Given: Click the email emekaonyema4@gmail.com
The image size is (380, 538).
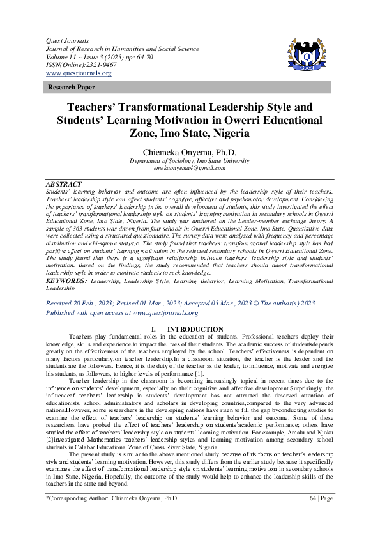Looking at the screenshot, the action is coord(190,169).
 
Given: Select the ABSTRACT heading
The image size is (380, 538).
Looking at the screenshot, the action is coord(65,182).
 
